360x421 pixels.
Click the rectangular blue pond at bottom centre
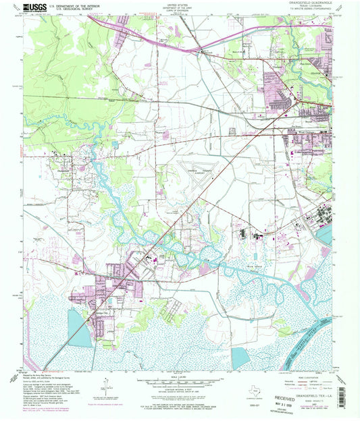pyautogui.click(x=240, y=358)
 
